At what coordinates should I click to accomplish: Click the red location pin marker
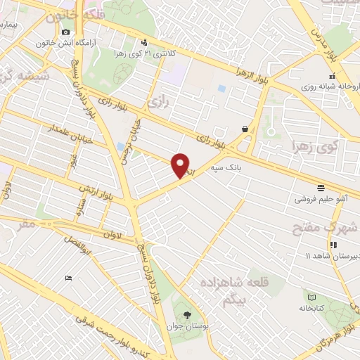point(181,165)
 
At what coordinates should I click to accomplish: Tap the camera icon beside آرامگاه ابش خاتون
point(66,32)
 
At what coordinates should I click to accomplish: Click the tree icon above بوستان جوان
point(186,314)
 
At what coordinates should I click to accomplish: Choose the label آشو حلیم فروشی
point(321,199)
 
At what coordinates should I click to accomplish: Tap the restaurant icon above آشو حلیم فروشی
point(321,187)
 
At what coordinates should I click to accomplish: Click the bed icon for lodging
point(68,278)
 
